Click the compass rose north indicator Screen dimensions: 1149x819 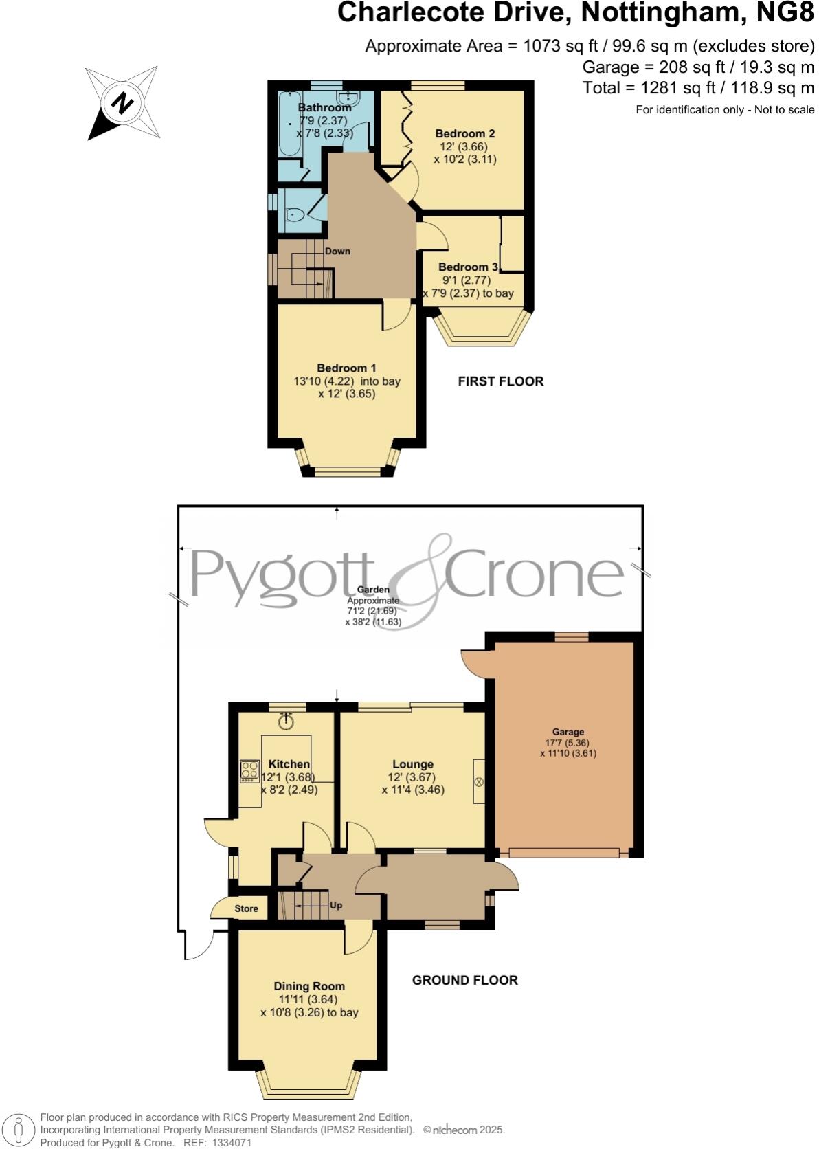click(x=123, y=103)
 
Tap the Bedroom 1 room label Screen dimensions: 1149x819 click(x=346, y=368)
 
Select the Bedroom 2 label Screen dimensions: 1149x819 click(x=464, y=134)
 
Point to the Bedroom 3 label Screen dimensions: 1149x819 click(x=468, y=267)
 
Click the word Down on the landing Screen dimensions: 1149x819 click(x=337, y=252)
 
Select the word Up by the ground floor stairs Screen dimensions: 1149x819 click(x=336, y=906)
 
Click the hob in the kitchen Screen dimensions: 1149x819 click(x=249, y=771)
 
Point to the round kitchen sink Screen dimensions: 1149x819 click(x=286, y=722)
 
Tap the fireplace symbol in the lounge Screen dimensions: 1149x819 click(x=480, y=782)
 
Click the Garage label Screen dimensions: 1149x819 click(x=568, y=733)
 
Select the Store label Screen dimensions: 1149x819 click(x=246, y=908)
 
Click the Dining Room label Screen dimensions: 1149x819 click(x=309, y=987)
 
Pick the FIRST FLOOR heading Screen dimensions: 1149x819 click(x=500, y=381)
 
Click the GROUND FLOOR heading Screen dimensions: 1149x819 click(x=464, y=981)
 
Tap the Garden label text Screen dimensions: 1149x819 click(x=373, y=590)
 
